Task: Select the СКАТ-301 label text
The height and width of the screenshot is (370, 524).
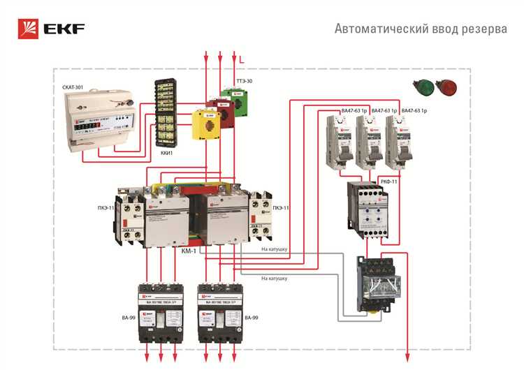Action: pyautogui.click(x=73, y=87)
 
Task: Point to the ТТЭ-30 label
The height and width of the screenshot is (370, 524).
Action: pyautogui.click(x=245, y=82)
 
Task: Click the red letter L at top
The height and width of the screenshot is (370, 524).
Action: pyautogui.click(x=242, y=61)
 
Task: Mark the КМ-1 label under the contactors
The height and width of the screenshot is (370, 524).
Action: pyautogui.click(x=189, y=249)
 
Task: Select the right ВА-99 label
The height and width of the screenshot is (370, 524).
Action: pyautogui.click(x=252, y=318)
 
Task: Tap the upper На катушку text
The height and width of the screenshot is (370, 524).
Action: pyautogui.click(x=274, y=248)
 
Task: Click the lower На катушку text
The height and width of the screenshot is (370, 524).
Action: pyautogui.click(x=274, y=278)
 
